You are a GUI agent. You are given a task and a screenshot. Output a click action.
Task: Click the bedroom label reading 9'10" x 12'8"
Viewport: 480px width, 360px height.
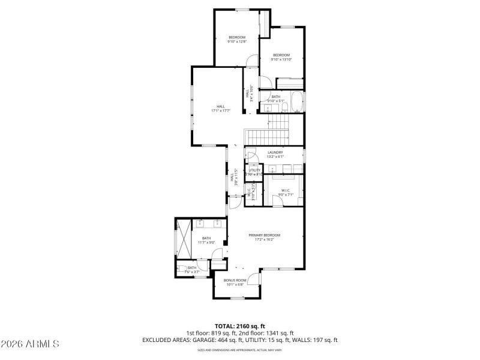(236, 40)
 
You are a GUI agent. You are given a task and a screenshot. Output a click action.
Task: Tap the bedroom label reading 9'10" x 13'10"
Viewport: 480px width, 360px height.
(281, 57)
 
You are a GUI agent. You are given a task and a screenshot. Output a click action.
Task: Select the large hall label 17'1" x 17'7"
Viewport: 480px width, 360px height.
(221, 109)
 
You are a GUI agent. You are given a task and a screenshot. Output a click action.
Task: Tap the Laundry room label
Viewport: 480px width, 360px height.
(275, 154)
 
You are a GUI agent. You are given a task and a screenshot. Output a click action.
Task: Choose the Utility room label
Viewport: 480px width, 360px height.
(255, 172)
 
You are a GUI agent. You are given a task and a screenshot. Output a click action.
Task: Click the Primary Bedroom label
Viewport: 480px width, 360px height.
(265, 237)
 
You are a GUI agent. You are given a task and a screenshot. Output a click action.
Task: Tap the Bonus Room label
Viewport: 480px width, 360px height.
(235, 282)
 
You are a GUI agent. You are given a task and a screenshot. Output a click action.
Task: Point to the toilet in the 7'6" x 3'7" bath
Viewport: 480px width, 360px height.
(181, 270)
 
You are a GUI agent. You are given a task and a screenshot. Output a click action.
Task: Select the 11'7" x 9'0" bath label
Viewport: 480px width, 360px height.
(206, 240)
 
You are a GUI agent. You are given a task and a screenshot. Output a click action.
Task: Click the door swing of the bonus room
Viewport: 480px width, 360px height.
(254, 278)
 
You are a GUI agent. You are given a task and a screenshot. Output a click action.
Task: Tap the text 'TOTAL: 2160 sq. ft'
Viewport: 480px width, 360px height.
(240, 325)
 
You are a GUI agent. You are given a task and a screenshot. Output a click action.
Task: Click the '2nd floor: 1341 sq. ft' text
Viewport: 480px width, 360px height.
(267, 332)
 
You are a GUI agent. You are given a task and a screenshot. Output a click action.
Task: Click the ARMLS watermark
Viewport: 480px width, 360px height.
(30, 344)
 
